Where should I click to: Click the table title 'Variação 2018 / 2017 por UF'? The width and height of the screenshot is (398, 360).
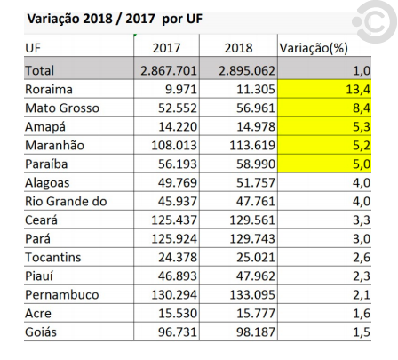[115, 19]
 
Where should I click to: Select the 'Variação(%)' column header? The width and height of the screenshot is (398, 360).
[314, 48]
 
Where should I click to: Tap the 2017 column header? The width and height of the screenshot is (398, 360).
[166, 48]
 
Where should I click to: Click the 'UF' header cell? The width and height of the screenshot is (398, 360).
[33, 48]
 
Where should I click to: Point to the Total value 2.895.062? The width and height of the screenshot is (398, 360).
[247, 70]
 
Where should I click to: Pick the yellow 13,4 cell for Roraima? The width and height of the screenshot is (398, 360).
[324, 89]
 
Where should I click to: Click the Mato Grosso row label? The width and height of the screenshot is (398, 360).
[62, 108]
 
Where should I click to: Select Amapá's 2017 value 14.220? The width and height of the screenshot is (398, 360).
[178, 127]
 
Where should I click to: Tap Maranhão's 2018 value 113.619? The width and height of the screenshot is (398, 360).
[252, 146]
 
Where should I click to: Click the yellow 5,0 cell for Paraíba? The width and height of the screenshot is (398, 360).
[324, 164]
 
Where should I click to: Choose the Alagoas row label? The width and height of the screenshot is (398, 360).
[47, 183]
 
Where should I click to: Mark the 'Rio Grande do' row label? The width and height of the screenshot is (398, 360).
[66, 202]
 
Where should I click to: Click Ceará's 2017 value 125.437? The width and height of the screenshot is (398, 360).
[174, 220]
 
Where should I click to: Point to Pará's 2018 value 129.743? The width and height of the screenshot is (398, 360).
[252, 239]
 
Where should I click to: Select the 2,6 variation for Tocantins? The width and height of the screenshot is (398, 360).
[362, 258]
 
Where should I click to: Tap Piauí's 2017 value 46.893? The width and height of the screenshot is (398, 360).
[178, 276]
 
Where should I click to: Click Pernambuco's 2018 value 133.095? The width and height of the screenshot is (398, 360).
[252, 295]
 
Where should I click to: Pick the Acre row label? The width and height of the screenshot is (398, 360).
[38, 314]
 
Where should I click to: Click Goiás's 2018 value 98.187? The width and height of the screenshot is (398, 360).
[256, 332]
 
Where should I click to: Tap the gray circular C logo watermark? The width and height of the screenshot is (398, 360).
[374, 22]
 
